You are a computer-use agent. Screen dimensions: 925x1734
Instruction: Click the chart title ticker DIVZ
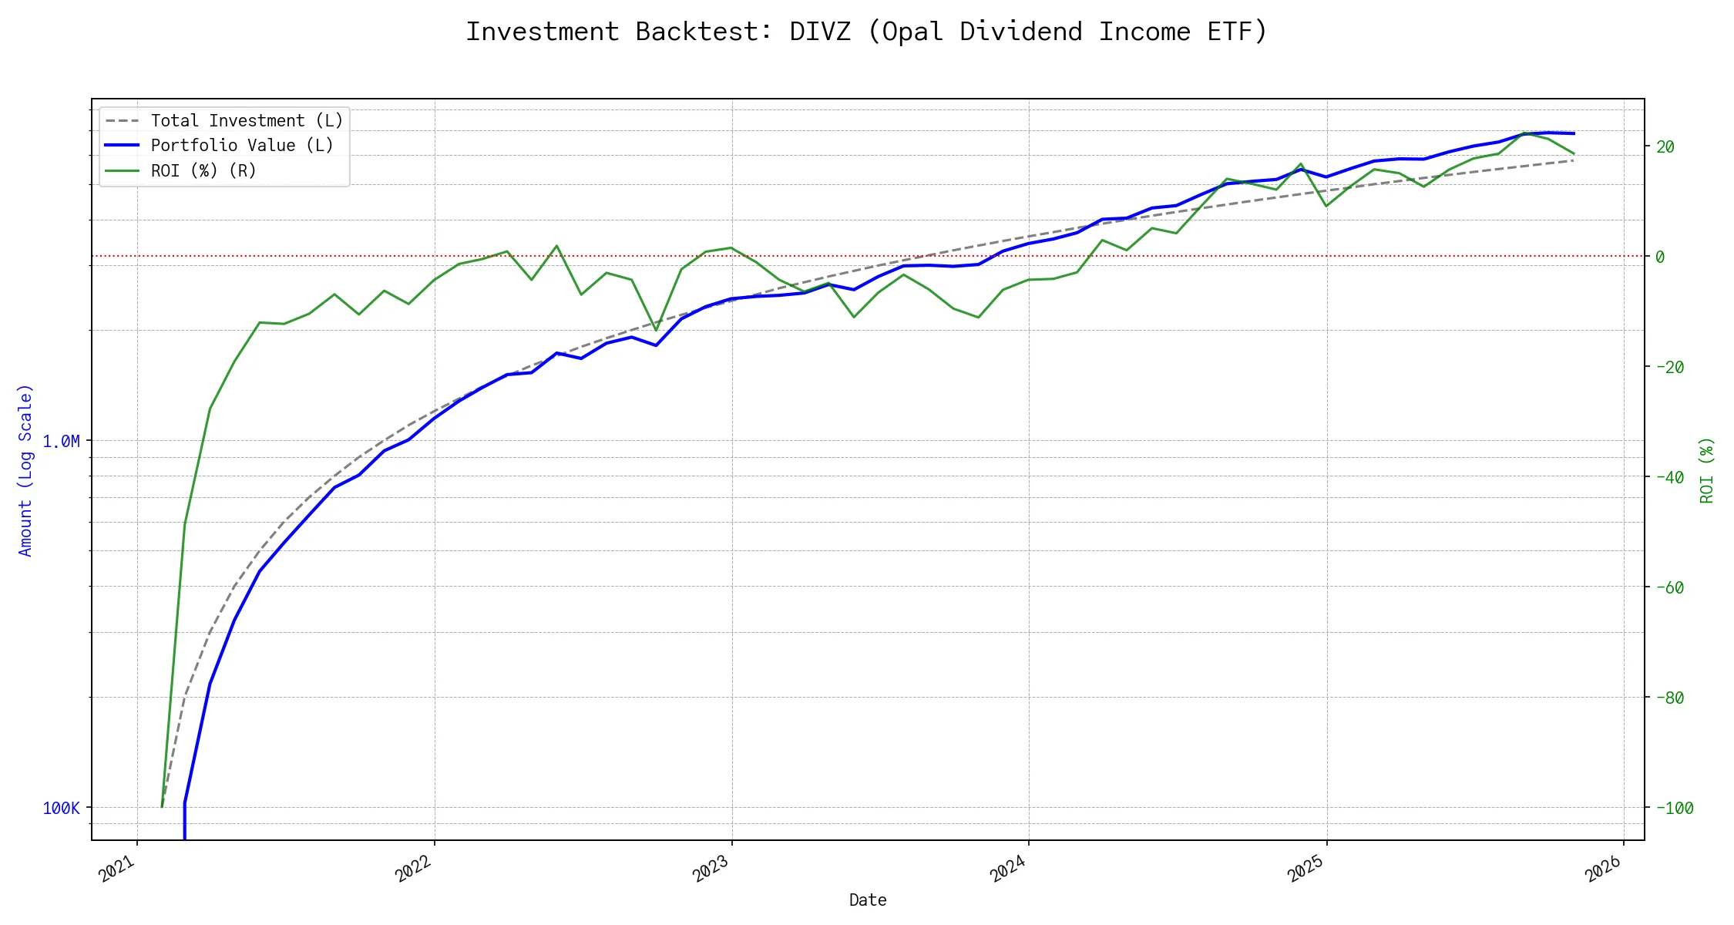click(820, 32)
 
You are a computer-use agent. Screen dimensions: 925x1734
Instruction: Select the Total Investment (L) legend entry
click(247, 121)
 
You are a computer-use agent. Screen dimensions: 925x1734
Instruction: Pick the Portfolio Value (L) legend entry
click(242, 146)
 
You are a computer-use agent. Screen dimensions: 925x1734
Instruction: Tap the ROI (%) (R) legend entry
click(203, 170)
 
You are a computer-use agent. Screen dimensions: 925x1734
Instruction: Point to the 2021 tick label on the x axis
click(118, 870)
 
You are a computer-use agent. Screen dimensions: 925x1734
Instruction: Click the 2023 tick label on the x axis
click(712, 870)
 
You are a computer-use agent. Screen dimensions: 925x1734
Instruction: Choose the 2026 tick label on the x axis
click(1605, 870)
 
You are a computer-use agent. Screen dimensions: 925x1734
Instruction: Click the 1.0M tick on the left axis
click(61, 441)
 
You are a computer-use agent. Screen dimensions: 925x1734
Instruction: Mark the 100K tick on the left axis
click(61, 808)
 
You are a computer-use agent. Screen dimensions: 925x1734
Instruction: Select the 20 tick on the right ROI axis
click(1665, 146)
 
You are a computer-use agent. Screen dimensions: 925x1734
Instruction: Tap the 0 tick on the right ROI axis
click(1660, 257)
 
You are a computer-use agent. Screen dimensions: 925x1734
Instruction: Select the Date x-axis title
click(868, 900)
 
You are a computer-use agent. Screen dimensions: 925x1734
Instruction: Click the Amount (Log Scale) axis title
click(25, 470)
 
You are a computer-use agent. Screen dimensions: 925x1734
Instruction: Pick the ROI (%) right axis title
click(1707, 470)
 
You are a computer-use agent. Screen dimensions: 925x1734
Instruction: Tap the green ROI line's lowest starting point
click(162, 806)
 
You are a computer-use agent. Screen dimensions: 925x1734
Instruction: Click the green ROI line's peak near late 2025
click(1524, 133)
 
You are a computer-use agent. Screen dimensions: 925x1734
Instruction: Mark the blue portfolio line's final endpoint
click(1574, 133)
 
